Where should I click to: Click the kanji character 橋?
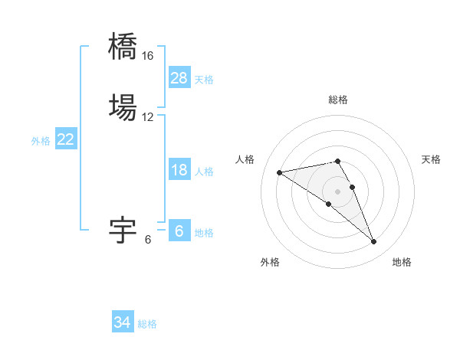click(x=123, y=45)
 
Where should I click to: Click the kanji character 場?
click(x=123, y=105)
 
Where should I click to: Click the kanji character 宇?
click(x=123, y=229)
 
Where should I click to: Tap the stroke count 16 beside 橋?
click(x=147, y=57)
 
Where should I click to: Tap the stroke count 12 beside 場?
click(x=147, y=117)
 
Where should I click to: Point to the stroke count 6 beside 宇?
click(x=148, y=240)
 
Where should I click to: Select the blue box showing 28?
click(x=179, y=78)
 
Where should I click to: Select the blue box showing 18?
click(x=179, y=170)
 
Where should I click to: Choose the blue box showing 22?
click(x=66, y=139)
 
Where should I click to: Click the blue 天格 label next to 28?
click(x=204, y=80)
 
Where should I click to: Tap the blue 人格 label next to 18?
click(x=204, y=172)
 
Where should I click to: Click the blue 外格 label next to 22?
click(x=41, y=141)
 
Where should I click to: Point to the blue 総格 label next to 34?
click(x=147, y=324)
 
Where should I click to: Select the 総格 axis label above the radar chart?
click(x=338, y=100)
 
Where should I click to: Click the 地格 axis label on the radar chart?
click(x=402, y=262)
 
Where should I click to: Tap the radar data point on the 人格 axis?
click(x=280, y=172)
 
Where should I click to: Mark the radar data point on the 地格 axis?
click(x=374, y=242)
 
